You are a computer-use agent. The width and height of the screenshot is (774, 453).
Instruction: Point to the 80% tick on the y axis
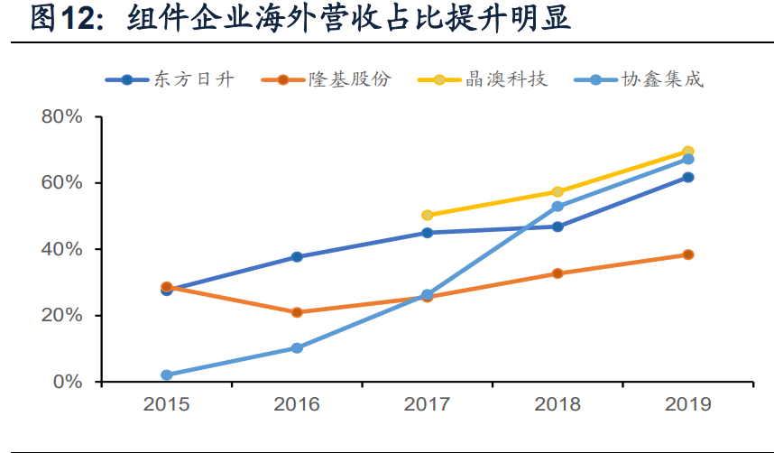[x=61, y=117]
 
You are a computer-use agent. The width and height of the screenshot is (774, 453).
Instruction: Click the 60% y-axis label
[x=61, y=183]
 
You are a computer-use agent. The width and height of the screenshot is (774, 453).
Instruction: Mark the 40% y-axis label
[x=61, y=249]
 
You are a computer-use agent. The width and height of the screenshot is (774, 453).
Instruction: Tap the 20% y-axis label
[x=61, y=315]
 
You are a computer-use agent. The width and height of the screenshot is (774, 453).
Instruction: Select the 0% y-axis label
[x=66, y=382]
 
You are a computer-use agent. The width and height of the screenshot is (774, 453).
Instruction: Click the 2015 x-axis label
[x=167, y=404]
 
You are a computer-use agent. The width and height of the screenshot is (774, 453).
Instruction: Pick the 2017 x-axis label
[x=428, y=404]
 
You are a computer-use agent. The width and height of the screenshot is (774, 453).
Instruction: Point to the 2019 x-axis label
[x=687, y=404]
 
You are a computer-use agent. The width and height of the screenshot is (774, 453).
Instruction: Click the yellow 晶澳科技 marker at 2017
[x=428, y=215]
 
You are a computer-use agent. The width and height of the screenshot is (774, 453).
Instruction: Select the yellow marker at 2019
[x=687, y=152]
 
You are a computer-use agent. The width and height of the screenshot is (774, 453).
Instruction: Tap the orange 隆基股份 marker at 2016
[x=297, y=312]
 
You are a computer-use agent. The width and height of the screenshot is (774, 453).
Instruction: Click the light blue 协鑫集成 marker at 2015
[x=167, y=374]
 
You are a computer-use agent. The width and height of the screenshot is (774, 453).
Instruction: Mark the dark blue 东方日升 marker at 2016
[x=297, y=257]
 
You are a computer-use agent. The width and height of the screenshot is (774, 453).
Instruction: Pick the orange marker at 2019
[x=687, y=254]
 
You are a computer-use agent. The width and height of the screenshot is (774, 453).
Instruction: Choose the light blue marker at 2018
[x=557, y=207]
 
